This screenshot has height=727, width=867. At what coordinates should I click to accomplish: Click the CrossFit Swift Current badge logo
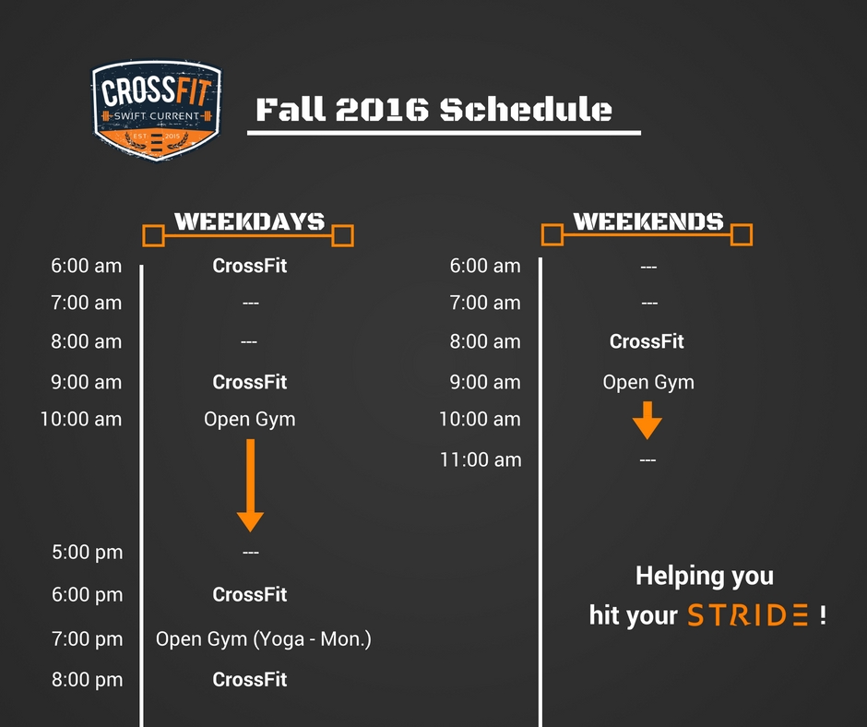(157, 111)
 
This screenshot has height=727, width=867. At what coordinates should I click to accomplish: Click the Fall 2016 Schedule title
(434, 109)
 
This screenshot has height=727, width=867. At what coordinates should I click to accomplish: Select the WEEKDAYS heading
(249, 221)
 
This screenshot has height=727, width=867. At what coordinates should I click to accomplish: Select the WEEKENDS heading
(648, 221)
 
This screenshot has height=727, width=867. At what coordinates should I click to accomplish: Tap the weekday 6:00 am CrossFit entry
(249, 266)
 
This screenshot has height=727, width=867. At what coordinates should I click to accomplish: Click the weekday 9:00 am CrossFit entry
(249, 382)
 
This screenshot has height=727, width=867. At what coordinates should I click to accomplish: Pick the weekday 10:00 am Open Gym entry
(249, 420)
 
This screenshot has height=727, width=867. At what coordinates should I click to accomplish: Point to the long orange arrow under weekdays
(250, 485)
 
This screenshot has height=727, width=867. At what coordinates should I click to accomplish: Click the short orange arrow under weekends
(647, 421)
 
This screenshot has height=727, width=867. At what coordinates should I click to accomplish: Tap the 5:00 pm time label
(88, 552)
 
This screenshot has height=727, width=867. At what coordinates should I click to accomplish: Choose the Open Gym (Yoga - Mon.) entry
(263, 639)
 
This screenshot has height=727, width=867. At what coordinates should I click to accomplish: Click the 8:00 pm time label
(88, 679)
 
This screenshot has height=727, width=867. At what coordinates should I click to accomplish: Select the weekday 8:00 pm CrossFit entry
(249, 679)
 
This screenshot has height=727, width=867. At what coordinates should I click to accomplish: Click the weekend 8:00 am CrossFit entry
(647, 341)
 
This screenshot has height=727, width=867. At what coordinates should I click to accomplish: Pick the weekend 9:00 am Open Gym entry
(648, 382)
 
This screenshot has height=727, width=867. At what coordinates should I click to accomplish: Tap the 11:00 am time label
(481, 459)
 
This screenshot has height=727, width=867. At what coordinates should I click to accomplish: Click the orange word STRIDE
(748, 615)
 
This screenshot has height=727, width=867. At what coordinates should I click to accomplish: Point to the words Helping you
(705, 576)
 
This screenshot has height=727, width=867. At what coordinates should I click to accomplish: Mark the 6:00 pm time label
(88, 595)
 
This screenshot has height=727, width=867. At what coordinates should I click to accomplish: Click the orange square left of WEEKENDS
(552, 234)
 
